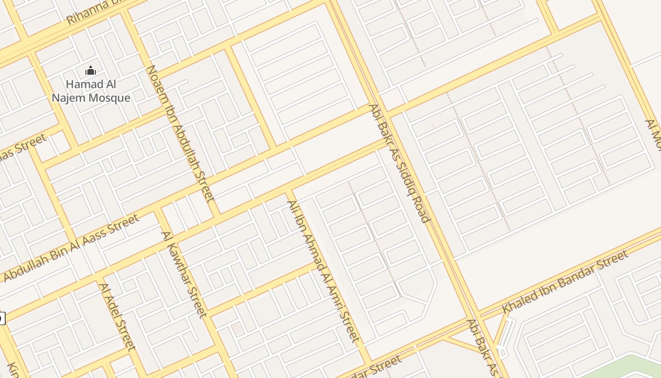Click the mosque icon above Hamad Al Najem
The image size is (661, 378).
tap(91, 71)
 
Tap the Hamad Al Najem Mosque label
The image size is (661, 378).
tap(91, 91)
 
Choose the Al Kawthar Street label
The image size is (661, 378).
tap(184, 275)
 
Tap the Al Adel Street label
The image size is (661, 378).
tap(118, 317)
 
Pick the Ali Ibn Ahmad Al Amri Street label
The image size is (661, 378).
tap(323, 271)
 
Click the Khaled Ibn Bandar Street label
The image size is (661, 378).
tap(565, 281)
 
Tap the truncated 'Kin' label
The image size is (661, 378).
tap(13, 369)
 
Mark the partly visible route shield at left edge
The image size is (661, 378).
tap(2, 318)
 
